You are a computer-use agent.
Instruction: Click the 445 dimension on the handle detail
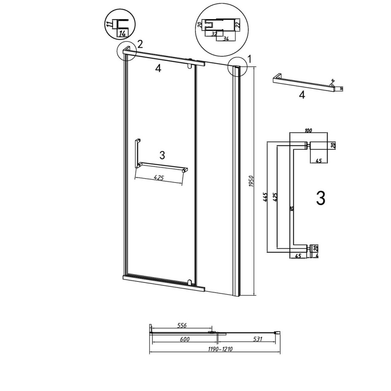pos(266,197)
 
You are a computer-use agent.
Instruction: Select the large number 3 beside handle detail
pos(320,199)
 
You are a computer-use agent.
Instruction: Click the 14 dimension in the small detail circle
pos(122,33)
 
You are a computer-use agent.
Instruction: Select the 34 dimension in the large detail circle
pos(226,38)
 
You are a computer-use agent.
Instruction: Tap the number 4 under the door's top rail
pos(158,68)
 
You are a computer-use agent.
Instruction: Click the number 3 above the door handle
pos(162,155)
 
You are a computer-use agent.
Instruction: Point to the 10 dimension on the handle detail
pos(291,209)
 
